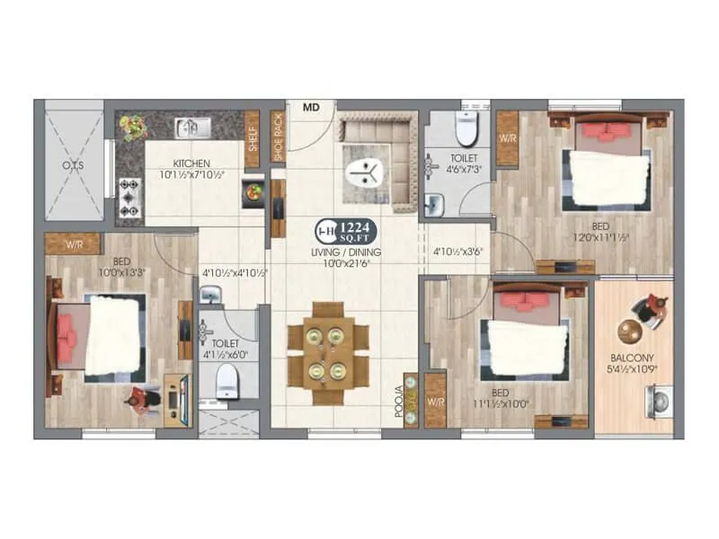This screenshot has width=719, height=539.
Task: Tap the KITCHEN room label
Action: [x=191, y=163]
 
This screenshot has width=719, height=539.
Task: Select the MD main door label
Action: [x=311, y=107]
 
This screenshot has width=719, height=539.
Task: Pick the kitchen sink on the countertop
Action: [x=191, y=128]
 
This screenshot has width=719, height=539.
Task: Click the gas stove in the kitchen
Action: [x=130, y=190]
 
